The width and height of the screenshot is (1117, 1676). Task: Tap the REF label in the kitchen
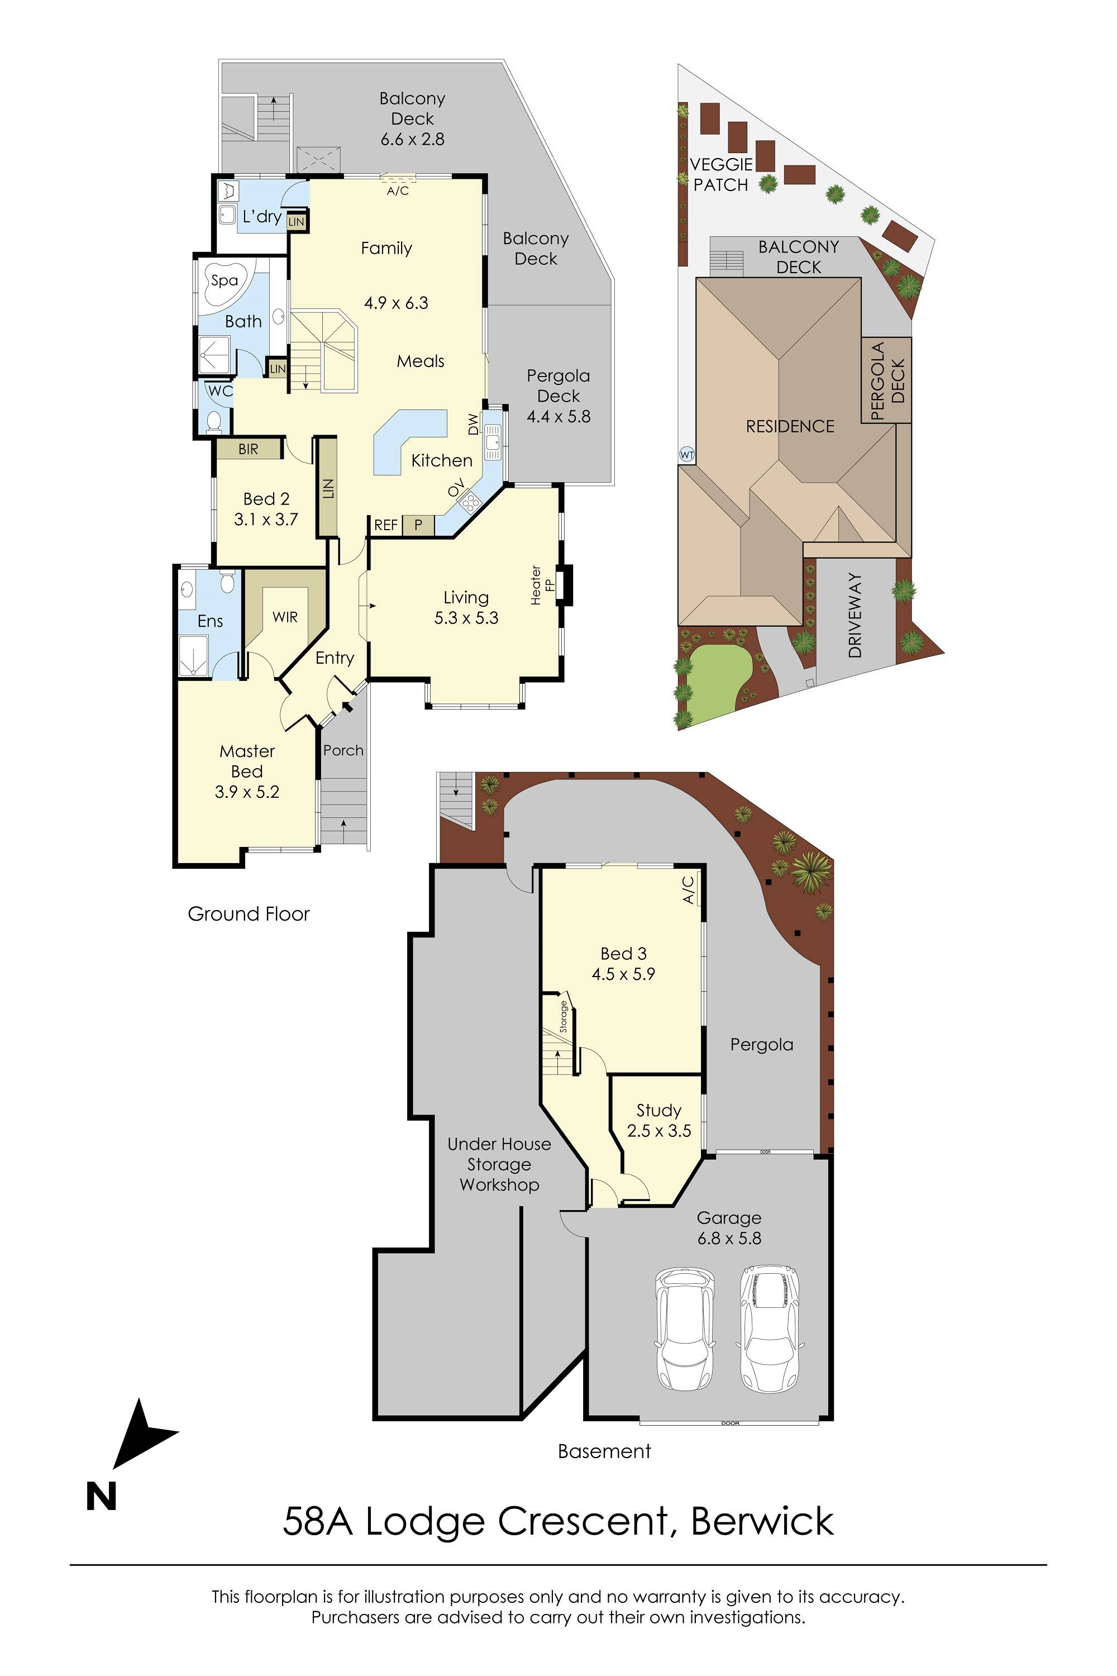point(386,525)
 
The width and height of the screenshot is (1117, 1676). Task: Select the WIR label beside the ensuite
point(285,617)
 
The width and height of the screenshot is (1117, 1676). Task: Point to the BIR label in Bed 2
point(249,450)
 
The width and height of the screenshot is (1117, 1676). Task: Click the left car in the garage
point(684,1329)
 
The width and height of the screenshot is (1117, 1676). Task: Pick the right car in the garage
point(768,1329)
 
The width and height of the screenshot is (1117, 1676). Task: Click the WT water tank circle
point(687,454)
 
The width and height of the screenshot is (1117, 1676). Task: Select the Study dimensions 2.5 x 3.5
point(659,1131)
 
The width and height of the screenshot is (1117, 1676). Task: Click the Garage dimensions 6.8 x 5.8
point(729,1239)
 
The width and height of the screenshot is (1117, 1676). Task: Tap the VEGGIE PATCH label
point(721,174)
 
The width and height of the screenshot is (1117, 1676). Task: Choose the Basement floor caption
point(604,1451)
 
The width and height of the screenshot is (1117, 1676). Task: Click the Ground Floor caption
point(249,914)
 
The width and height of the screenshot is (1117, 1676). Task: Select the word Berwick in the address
point(762,1521)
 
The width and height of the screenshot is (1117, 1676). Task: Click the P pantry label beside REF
point(418,525)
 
